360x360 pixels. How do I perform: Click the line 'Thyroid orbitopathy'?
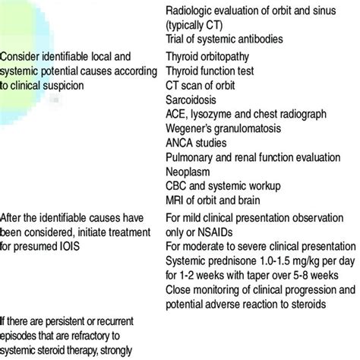tap(213, 55)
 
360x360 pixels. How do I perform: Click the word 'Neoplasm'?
tap(190, 170)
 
